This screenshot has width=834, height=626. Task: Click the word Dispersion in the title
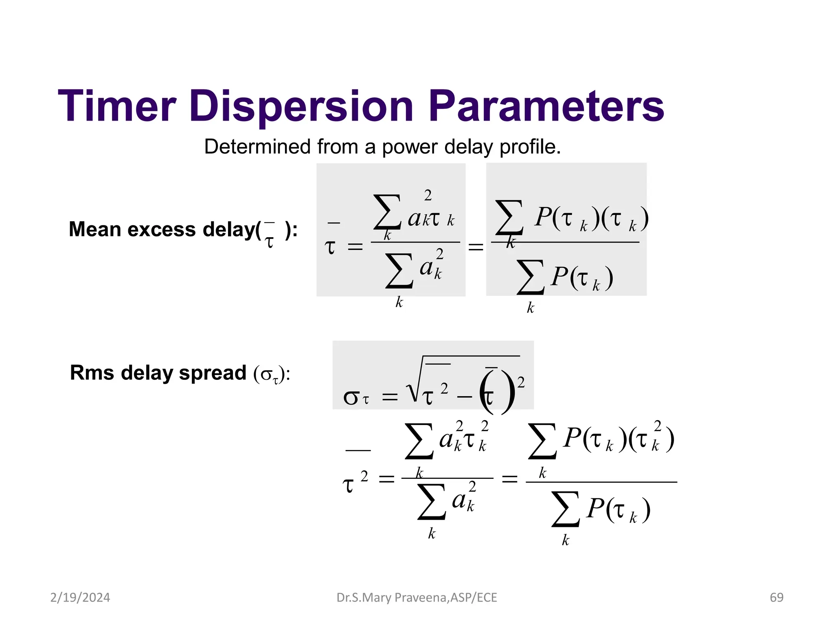point(302,107)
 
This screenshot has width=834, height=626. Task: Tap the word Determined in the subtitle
point(257,146)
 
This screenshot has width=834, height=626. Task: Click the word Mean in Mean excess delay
point(95,229)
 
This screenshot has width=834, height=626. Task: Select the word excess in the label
point(162,229)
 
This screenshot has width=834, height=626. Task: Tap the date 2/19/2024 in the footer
point(80,597)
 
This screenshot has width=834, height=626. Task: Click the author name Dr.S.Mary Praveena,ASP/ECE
point(417,597)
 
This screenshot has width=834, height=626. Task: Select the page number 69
point(776,597)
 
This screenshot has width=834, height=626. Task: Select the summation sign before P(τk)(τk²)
point(542,441)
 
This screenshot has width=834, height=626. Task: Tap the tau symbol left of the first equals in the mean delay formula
point(330,247)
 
